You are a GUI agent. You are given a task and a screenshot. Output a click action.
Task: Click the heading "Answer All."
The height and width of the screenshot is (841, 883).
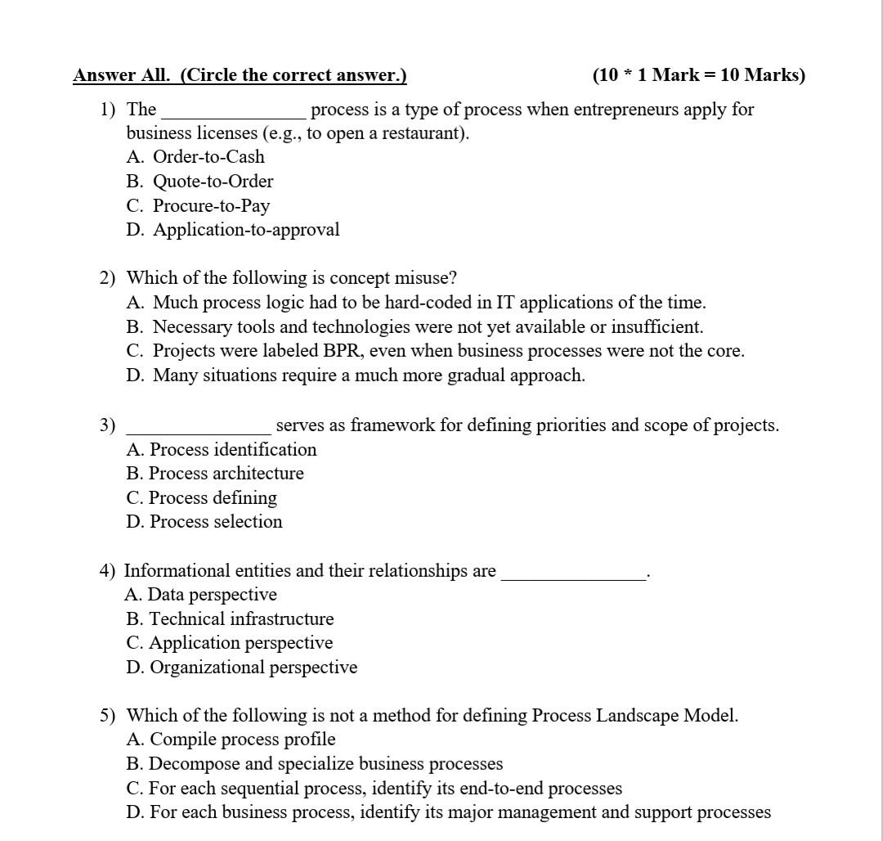123,75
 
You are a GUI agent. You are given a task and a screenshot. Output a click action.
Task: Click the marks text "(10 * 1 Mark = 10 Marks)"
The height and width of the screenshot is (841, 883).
698,75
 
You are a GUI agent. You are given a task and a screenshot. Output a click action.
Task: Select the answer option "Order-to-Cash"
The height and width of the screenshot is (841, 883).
208,157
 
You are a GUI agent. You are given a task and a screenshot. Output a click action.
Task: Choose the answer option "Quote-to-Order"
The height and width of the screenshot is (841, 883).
213,182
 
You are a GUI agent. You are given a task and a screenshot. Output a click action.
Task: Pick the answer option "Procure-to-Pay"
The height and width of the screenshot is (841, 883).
211,206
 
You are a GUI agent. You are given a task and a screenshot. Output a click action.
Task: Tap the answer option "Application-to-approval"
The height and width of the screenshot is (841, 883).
246,230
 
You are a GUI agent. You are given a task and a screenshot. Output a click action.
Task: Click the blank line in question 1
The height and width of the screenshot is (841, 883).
234,115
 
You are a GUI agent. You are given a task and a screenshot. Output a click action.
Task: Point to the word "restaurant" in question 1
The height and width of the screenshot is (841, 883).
424,133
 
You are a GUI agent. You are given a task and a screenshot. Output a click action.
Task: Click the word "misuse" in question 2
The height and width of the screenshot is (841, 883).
426,278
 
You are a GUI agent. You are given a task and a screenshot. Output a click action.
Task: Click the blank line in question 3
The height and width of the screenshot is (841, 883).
199,430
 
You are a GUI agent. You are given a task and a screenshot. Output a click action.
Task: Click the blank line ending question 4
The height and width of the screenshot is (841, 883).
573,576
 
